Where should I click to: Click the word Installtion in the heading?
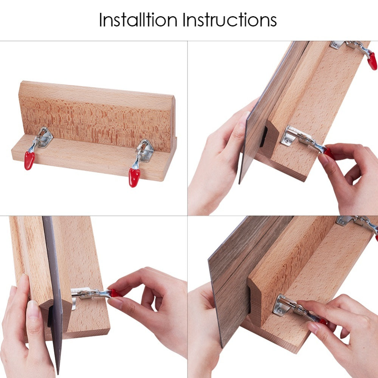[x=138, y=20]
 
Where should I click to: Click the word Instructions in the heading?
[x=229, y=20]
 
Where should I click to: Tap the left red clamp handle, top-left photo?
[x=29, y=160]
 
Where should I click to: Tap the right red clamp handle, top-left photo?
[x=134, y=178]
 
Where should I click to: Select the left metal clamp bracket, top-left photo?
[x=43, y=138]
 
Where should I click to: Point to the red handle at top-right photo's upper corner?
[x=372, y=61]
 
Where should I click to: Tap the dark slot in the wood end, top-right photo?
[x=263, y=136]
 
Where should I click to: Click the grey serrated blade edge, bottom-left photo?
[x=54, y=289]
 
